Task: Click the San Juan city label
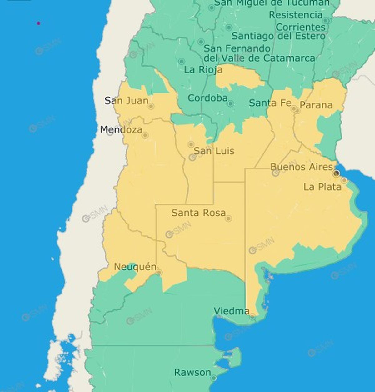coord(126,101)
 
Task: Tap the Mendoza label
coord(121,129)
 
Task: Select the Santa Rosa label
coord(198,213)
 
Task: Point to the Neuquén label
coord(135,267)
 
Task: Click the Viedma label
coord(232,311)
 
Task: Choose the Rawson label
coord(192,372)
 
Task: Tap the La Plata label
coord(322,187)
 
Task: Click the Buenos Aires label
coord(302,167)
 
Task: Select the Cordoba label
coord(207,98)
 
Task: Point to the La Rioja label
coord(203,69)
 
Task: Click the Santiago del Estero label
coord(278,36)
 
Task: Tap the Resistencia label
coord(296,15)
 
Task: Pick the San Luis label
coord(214,151)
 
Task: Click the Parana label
coord(316,105)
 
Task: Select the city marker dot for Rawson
coord(214,378)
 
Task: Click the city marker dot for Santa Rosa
coord(228,218)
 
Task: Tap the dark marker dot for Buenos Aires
coord(336,173)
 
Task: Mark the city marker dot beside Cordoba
coord(230,103)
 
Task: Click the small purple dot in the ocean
coord(38,23)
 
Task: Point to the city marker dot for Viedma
coord(252,317)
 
